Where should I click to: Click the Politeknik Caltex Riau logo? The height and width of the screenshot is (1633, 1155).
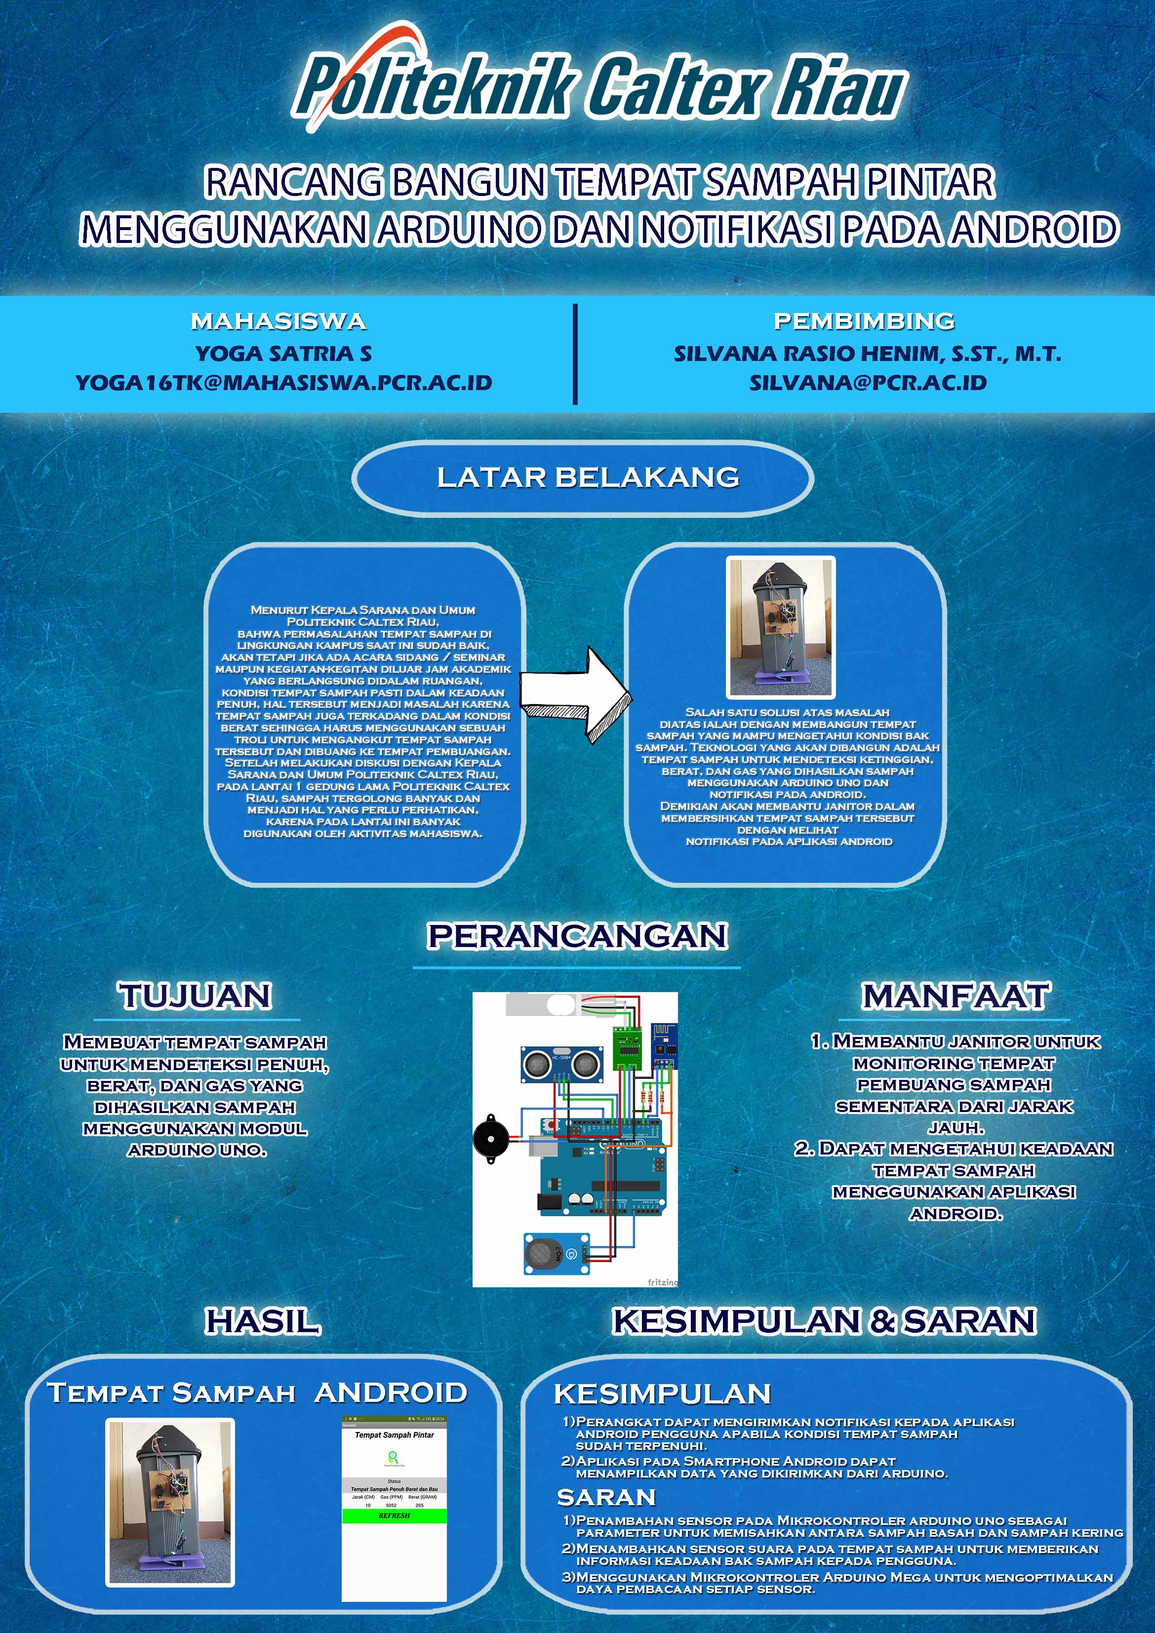click(x=599, y=84)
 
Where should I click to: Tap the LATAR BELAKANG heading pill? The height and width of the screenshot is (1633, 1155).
click(x=583, y=477)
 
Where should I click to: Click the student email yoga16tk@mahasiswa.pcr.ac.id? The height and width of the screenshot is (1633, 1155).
click(x=284, y=383)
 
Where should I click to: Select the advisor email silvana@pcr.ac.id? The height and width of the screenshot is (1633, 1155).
click(x=868, y=383)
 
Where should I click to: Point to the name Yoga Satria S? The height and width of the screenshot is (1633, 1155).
click(x=284, y=354)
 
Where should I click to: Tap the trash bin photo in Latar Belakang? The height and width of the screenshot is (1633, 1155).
click(x=780, y=627)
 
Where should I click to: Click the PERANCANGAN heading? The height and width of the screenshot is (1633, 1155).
click(x=577, y=935)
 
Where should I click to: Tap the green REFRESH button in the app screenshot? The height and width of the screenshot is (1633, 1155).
click(x=394, y=1515)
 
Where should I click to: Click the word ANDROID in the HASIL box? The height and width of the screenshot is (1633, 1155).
click(x=391, y=1393)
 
